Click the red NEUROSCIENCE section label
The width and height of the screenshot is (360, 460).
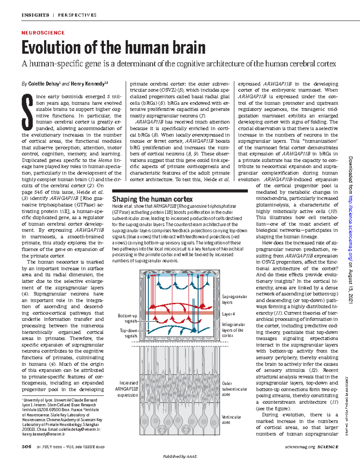coord(43,33)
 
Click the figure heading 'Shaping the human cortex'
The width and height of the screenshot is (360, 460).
coord(152,199)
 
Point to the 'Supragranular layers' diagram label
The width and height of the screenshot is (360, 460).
coord(234,299)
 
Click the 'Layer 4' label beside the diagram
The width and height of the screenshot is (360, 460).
coord(228,314)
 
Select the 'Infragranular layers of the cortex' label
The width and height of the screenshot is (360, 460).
coord(233,330)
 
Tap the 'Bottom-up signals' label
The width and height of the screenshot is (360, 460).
coord(128,318)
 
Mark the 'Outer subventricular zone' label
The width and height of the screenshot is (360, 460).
coord(234,389)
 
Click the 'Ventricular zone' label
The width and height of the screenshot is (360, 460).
coord(231,419)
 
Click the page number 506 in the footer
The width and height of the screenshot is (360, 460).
coord(26,447)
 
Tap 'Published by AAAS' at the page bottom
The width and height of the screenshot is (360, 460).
coord(180,456)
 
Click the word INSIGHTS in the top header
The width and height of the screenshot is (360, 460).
coord(35,15)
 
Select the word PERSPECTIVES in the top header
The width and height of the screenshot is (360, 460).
coord(77,15)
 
